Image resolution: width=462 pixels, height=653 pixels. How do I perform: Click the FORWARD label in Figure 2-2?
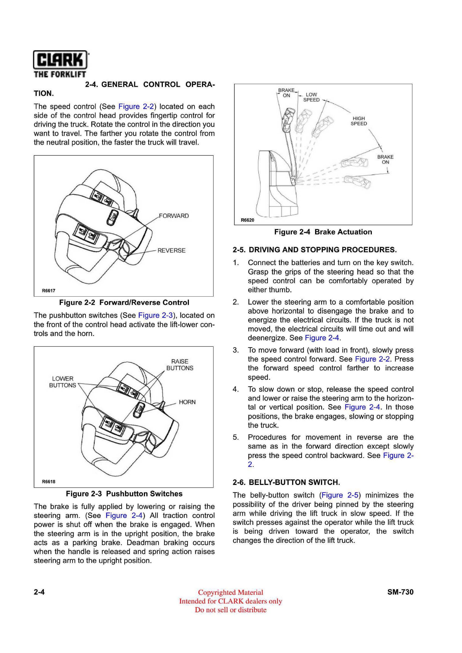(174, 216)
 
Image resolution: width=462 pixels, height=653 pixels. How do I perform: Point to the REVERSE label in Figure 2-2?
(171, 251)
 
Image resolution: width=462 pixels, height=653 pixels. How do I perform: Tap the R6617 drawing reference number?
(48, 291)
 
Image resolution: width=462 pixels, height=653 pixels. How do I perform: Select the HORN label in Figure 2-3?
(187, 402)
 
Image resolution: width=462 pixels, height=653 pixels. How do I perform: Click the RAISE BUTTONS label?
(180, 365)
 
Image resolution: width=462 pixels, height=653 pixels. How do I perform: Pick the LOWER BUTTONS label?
(63, 382)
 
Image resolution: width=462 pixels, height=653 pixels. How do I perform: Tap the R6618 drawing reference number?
(48, 482)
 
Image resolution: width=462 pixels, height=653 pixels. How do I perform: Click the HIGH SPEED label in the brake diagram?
(359, 121)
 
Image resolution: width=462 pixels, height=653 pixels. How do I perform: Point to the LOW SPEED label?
(311, 97)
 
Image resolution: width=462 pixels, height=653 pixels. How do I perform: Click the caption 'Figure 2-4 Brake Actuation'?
(323, 232)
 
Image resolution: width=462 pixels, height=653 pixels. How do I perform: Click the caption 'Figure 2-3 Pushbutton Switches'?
(124, 494)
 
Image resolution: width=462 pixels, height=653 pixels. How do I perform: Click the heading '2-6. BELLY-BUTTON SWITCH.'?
(286, 482)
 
